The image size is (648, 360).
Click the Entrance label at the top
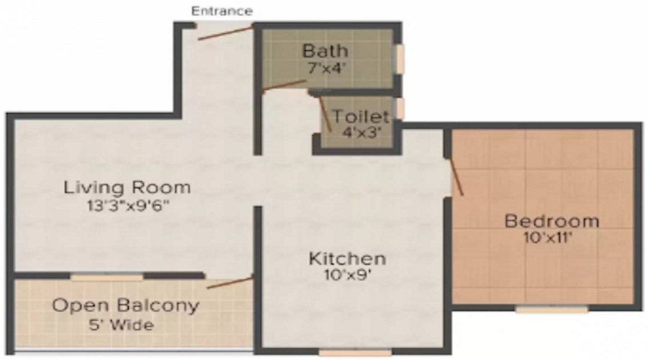pos(222,11)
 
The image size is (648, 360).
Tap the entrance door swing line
pos(225,32)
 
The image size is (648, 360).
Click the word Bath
pos(325,51)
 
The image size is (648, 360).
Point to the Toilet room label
pos(361,116)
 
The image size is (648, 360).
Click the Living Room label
pos(127,188)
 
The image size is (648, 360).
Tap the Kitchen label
pos(348,258)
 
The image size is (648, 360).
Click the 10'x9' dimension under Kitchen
pos(348,274)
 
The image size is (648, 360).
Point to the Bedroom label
pos(551,220)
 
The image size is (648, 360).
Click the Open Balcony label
pos(125,305)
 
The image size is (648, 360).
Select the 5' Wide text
pos(125,325)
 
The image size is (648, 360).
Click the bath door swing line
pos(284,86)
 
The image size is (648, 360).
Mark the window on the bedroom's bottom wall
pos(552,310)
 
